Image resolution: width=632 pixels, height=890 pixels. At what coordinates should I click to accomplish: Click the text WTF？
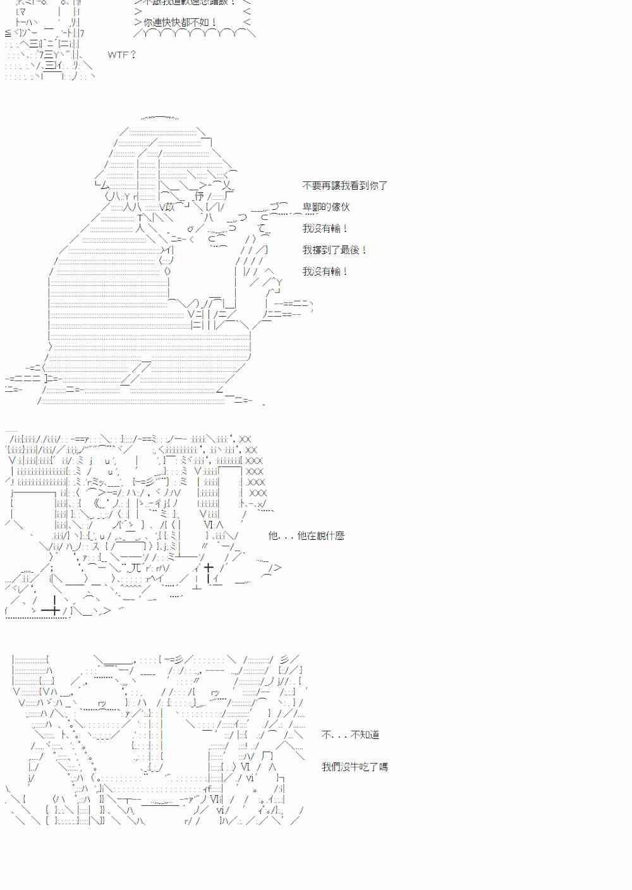click(x=122, y=55)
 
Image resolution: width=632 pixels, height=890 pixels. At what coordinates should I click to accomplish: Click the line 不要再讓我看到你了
click(x=344, y=185)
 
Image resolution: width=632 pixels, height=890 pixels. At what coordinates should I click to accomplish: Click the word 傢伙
click(x=339, y=207)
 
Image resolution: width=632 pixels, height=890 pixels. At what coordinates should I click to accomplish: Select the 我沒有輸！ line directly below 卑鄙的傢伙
click(x=325, y=228)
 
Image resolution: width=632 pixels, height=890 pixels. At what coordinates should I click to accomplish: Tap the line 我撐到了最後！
click(x=334, y=250)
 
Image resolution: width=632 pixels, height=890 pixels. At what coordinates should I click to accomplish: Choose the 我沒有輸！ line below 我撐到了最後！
click(x=325, y=271)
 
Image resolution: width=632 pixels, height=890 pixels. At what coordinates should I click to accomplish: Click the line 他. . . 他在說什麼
click(x=306, y=535)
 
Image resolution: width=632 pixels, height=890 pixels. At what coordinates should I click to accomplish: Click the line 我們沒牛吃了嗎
click(x=354, y=767)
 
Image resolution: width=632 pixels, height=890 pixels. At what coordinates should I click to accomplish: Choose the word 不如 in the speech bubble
click(x=202, y=23)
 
